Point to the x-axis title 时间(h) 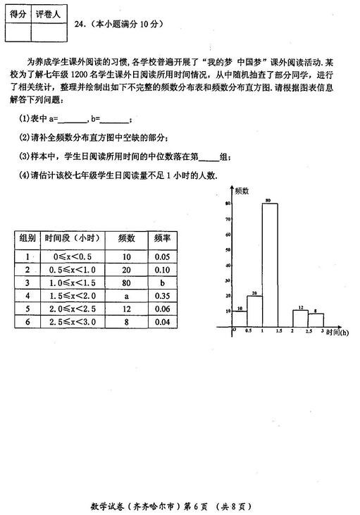click(337, 332)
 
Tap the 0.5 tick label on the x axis click(247, 330)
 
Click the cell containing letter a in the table click(127, 295)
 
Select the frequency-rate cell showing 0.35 click(163, 295)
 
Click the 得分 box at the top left click(18, 13)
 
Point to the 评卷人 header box click(49, 13)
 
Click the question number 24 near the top click(80, 23)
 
